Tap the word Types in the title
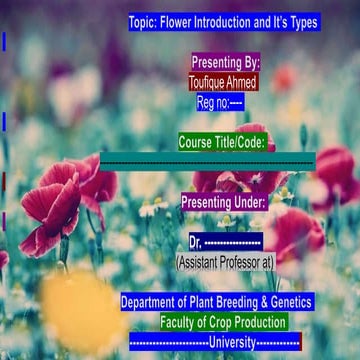pos(297,22)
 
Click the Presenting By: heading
pos(224,62)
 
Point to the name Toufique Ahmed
pos(222,82)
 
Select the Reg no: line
pos(220,102)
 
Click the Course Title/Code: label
pos(221,143)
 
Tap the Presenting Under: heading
pos(223,202)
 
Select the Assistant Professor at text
pos(224,262)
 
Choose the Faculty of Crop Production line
pos(223,322)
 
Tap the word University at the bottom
pos(231,342)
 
